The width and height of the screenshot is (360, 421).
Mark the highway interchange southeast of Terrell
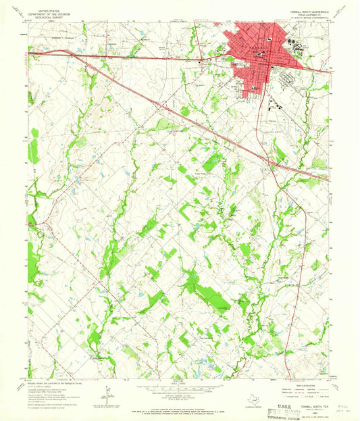pos(277,162)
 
